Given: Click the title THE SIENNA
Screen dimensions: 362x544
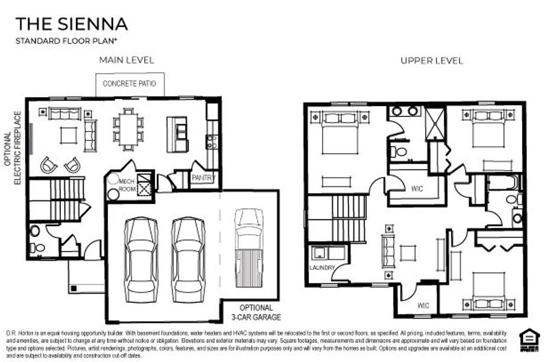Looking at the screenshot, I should (x=71, y=24).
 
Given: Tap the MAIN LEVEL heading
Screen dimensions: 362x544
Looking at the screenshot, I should (x=127, y=60).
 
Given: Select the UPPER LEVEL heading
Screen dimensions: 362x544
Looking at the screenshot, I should (x=432, y=60).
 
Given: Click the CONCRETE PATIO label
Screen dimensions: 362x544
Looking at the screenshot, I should (x=129, y=84).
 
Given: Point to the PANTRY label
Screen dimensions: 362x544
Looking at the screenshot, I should (x=202, y=178).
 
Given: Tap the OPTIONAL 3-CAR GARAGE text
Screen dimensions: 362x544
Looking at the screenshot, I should (x=261, y=313).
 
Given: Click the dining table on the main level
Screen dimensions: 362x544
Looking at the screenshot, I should (x=128, y=129).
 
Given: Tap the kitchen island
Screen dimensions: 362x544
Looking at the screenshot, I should (x=177, y=133).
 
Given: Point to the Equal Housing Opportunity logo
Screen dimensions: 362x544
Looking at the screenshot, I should (x=531, y=338).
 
